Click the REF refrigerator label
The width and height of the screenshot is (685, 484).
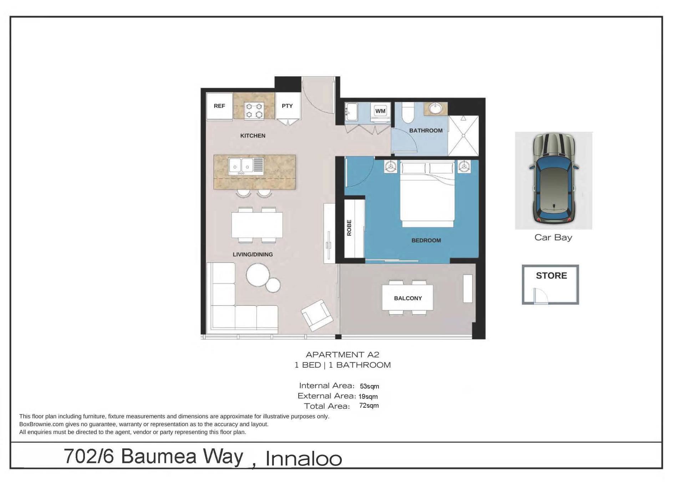click(x=219, y=106)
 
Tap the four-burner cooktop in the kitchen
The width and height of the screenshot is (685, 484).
click(x=254, y=110)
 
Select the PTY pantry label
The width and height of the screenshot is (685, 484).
click(x=287, y=106)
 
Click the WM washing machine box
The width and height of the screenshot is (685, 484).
click(x=380, y=111)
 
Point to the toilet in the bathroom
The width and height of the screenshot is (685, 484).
click(x=408, y=113)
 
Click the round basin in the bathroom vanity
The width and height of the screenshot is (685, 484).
click(x=435, y=108)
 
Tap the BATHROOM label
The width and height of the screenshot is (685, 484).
click(x=426, y=131)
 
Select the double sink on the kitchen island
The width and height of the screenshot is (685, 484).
click(x=246, y=166)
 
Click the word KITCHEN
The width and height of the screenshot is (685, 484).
click(x=253, y=136)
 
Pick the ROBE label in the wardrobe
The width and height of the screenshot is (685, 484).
click(x=349, y=228)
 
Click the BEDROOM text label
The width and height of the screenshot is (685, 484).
click(x=426, y=240)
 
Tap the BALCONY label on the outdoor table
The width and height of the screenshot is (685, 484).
click(x=408, y=298)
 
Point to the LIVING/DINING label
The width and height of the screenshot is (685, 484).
click(x=253, y=254)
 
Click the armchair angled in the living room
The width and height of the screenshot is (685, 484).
click(x=318, y=315)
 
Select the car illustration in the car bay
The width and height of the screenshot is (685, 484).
click(x=554, y=179)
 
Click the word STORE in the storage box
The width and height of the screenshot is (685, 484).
click(x=551, y=276)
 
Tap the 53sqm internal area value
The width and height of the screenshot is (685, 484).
click(x=369, y=386)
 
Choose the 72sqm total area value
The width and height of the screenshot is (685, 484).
click(x=369, y=406)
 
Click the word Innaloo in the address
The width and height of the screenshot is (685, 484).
click(x=304, y=459)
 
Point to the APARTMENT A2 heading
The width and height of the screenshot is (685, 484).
click(x=342, y=355)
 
